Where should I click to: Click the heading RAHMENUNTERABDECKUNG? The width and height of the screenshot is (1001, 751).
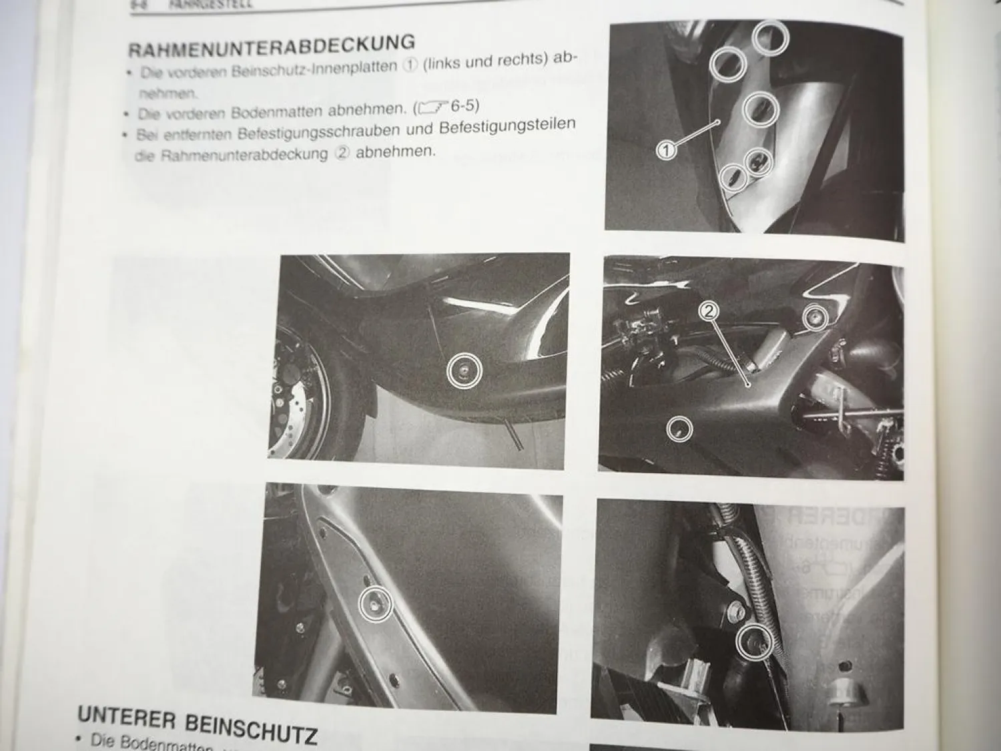(271, 46)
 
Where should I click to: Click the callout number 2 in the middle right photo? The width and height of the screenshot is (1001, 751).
(709, 310)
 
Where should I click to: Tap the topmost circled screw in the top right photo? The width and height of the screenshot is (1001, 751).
(771, 38)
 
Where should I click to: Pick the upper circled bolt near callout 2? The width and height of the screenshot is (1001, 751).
(814, 319)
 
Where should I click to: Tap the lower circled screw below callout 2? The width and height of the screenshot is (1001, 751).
(679, 430)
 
